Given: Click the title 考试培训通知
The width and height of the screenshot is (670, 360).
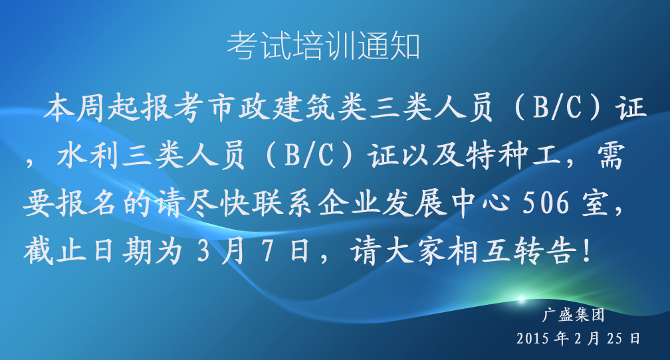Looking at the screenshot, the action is click(324, 46).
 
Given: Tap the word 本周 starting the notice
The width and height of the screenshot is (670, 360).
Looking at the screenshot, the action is click(76, 108).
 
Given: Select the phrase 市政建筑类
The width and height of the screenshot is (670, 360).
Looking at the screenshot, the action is click(288, 108).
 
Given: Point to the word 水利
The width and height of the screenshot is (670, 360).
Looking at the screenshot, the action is click(88, 155).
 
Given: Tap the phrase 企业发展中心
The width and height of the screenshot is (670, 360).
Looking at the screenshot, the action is click(415, 203).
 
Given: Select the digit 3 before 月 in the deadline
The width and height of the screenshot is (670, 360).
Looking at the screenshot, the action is click(204, 251).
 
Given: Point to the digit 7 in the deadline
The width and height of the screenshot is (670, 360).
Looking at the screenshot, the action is click(267, 251).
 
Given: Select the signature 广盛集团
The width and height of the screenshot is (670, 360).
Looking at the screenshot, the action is click(574, 315).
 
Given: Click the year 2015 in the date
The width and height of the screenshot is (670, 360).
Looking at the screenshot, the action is click(532, 339).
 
